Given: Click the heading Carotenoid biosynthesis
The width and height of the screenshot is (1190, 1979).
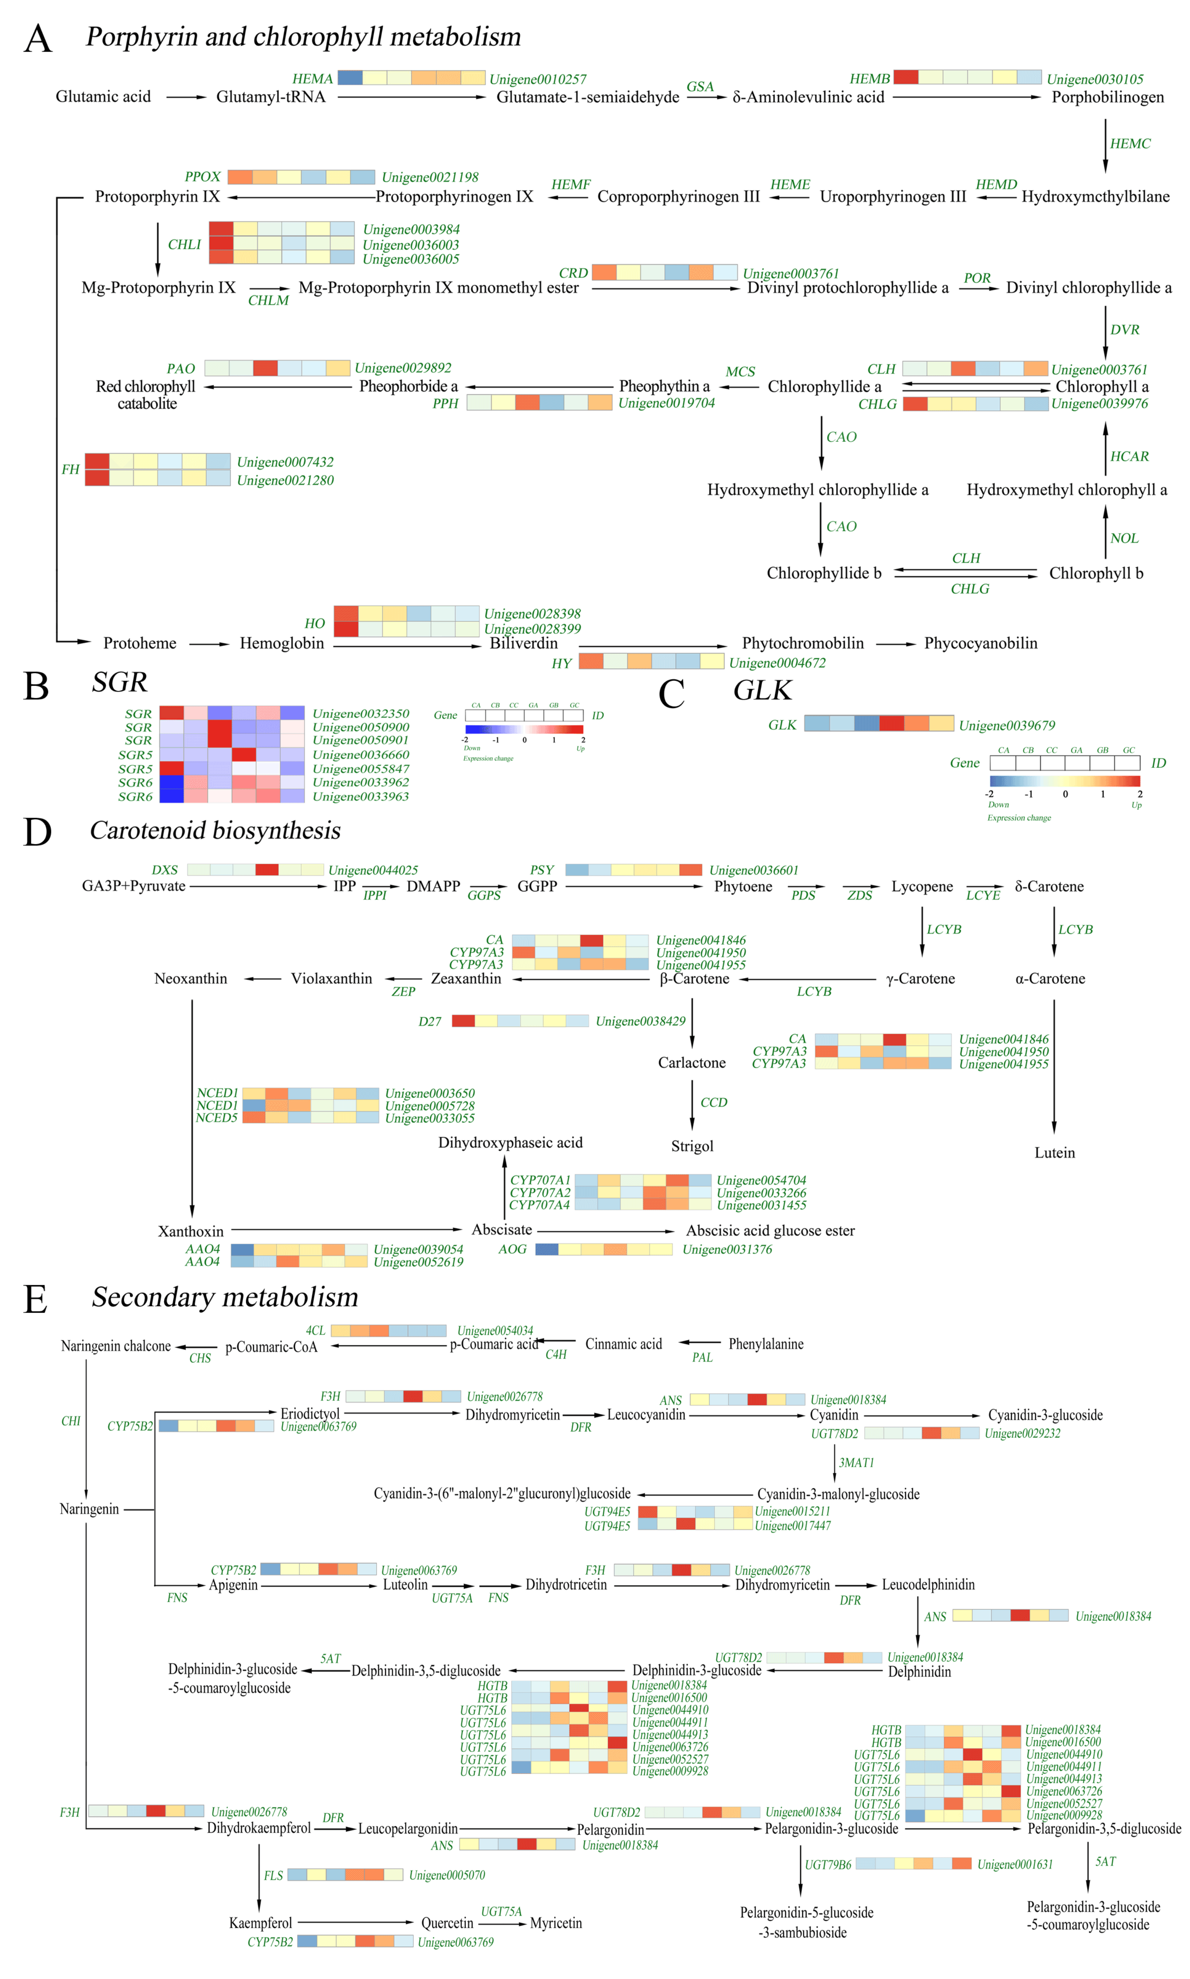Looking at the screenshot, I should point(215,830).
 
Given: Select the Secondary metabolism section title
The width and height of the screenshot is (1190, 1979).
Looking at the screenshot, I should point(224,1297).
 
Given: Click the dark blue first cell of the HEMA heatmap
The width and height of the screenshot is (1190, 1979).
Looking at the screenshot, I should point(350,78).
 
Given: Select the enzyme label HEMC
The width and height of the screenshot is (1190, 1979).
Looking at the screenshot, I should point(1130,143).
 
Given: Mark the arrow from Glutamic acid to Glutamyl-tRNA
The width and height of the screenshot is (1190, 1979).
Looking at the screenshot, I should point(186,97).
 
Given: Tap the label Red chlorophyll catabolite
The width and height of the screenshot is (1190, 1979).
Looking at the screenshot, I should point(146,394).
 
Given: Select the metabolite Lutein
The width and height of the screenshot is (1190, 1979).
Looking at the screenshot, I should point(1055,1153).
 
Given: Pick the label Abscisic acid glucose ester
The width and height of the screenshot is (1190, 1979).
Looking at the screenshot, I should point(770,1230).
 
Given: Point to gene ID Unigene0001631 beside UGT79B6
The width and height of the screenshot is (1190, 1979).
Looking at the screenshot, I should point(1014,1864).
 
